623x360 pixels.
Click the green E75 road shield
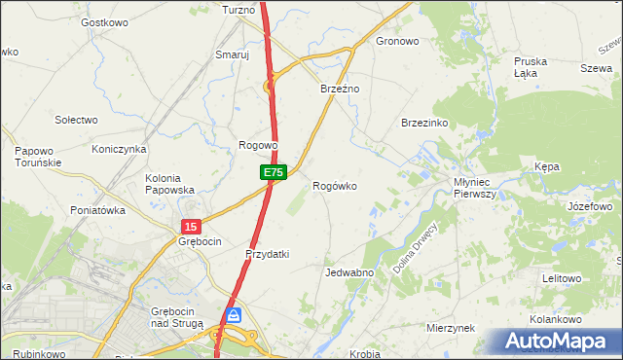273,172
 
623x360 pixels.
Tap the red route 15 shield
190,226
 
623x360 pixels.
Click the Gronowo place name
397,42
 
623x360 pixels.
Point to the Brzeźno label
341,89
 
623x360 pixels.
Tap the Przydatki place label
267,254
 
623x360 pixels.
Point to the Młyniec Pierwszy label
475,188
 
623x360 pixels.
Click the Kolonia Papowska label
169,184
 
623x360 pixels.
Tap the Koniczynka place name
118,149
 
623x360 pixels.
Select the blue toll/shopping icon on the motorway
234,314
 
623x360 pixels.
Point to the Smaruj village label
233,55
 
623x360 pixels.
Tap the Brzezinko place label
423,123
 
